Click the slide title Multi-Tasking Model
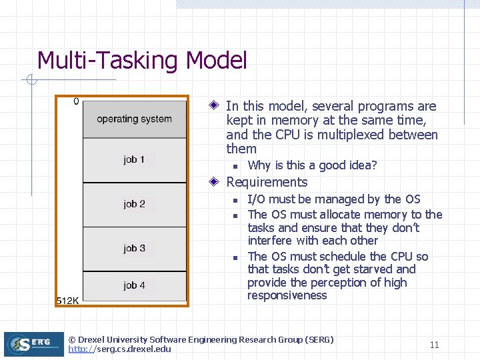point(142,61)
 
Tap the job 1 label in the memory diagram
point(134,159)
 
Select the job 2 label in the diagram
point(134,204)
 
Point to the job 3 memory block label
point(134,248)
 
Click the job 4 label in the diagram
point(134,285)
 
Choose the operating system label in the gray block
point(134,119)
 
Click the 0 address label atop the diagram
point(76,101)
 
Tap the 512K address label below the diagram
point(67,300)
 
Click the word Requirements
point(267,182)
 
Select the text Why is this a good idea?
point(312,165)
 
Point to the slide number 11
point(434,345)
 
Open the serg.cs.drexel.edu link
point(119,349)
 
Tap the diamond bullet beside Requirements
point(214,182)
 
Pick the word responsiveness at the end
point(287,295)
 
